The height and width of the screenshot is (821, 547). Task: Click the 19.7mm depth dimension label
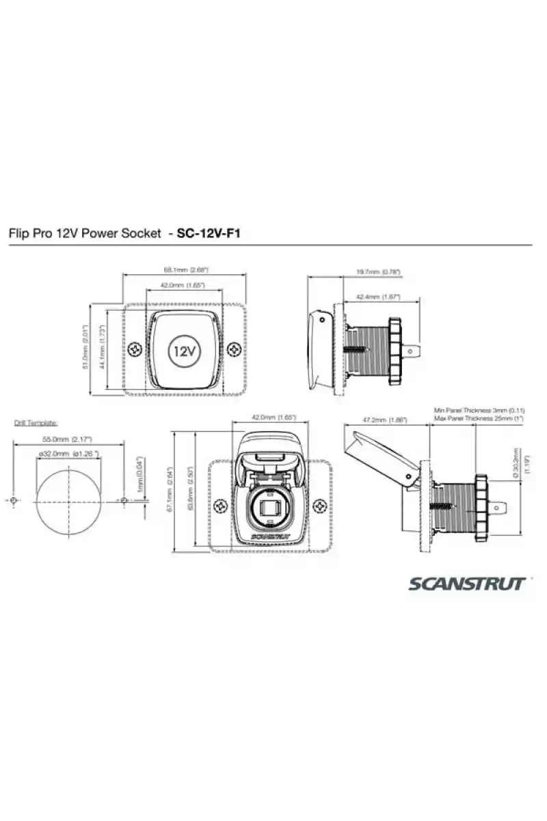378,272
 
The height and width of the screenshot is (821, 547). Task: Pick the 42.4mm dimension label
378,298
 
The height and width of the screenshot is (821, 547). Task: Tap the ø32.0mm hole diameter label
68,454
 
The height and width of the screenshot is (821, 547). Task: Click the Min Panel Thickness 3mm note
479,410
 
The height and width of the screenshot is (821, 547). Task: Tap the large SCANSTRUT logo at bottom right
468,584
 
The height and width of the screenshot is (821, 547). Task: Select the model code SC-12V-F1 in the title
209,233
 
